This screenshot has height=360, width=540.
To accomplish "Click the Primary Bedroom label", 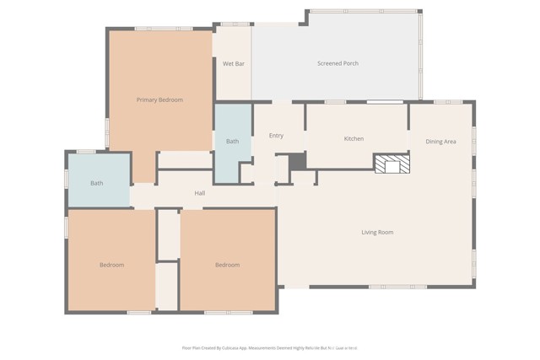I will [x=159, y=100].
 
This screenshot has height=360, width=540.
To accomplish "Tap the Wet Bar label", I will [x=233, y=64].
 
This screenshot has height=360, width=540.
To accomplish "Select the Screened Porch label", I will [x=337, y=64].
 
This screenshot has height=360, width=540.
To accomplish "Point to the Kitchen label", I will [x=354, y=138].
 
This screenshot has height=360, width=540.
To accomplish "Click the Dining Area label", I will [x=440, y=142].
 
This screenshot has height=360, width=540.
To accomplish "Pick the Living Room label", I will [x=377, y=233].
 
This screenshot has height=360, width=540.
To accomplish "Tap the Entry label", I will [x=276, y=136].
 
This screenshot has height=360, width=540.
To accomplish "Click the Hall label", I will [x=200, y=194].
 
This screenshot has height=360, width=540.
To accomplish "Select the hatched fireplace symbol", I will [x=392, y=164].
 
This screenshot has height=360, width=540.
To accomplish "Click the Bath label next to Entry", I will [x=232, y=142].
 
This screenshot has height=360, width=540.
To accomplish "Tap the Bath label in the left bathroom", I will [x=97, y=183].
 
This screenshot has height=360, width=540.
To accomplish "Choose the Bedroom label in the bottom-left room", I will [x=111, y=266].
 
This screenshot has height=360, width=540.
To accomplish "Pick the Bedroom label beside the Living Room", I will [x=227, y=266].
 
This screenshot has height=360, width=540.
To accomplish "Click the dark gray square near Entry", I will [x=296, y=161].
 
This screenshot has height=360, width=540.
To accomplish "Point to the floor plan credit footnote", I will [x=270, y=347].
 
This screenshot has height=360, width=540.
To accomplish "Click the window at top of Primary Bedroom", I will [x=164, y=29].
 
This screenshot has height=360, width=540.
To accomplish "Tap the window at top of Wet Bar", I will [x=235, y=24].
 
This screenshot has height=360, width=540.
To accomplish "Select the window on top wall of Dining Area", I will [x=448, y=102].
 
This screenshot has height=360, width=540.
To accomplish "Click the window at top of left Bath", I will [x=86, y=152].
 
